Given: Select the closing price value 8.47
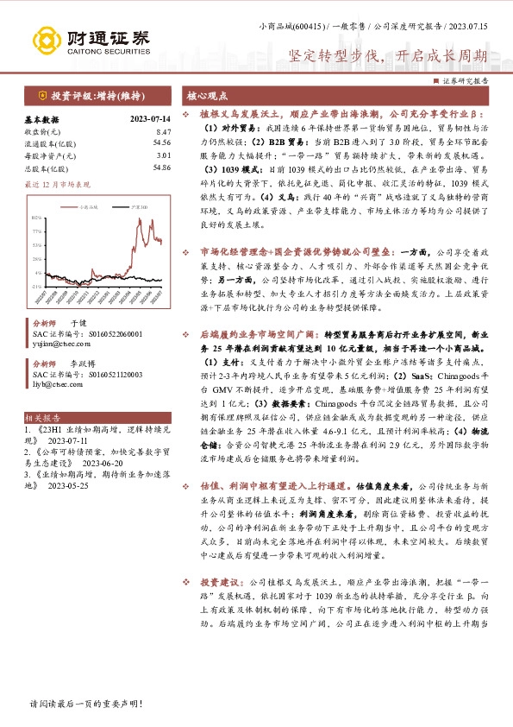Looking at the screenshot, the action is point(163,131).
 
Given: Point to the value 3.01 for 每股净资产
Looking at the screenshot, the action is point(163,155).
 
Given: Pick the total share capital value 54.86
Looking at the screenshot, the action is point(161,168).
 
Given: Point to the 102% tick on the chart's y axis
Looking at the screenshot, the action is point(38,218).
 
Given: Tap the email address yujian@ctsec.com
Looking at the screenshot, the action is point(51,341).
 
